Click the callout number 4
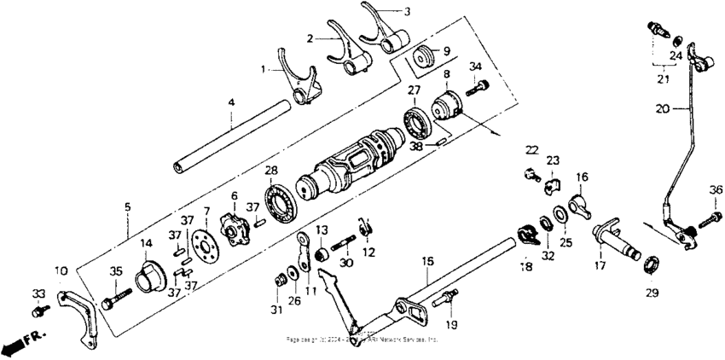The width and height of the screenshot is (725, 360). pyautogui.click(x=230, y=103)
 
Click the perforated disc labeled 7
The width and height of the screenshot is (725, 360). pyautogui.click(x=203, y=243)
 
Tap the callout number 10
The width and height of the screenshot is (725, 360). pyautogui.click(x=61, y=270)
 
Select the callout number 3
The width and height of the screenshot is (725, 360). pyautogui.click(x=407, y=11)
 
